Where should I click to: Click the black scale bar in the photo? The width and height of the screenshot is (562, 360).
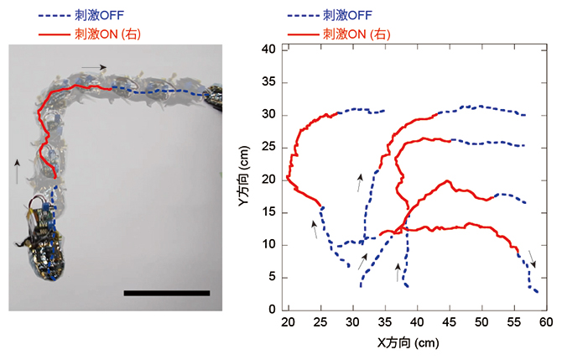(x=166, y=293)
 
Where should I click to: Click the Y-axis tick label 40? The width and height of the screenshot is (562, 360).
(x=270, y=49)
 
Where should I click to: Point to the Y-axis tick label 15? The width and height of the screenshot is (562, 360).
(x=270, y=212)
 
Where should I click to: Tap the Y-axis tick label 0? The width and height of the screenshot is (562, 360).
(x=273, y=310)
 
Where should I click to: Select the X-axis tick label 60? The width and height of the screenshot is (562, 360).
(x=544, y=323)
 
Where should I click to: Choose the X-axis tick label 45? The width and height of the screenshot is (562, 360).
(x=449, y=323)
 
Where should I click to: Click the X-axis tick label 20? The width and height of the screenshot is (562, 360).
(x=289, y=323)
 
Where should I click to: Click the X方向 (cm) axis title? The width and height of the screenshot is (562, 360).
(x=409, y=343)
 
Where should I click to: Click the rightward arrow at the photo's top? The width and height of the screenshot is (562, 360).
(x=94, y=66)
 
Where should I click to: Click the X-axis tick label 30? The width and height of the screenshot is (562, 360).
(x=352, y=323)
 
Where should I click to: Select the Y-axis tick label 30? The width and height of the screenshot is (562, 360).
(x=270, y=114)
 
